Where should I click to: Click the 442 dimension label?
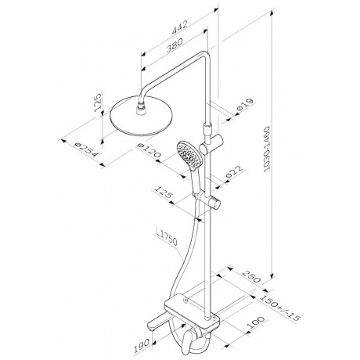pos(180,27)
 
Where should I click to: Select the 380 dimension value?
pos(175,45)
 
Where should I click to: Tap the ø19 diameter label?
pos(245,105)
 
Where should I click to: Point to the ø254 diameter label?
pos(86,149)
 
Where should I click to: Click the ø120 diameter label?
pos(149,150)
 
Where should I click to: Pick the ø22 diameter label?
pos(234,172)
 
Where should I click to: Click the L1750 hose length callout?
pos(167,237)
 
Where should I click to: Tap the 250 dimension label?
pos(251,276)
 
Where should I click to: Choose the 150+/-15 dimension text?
pos(281,308)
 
